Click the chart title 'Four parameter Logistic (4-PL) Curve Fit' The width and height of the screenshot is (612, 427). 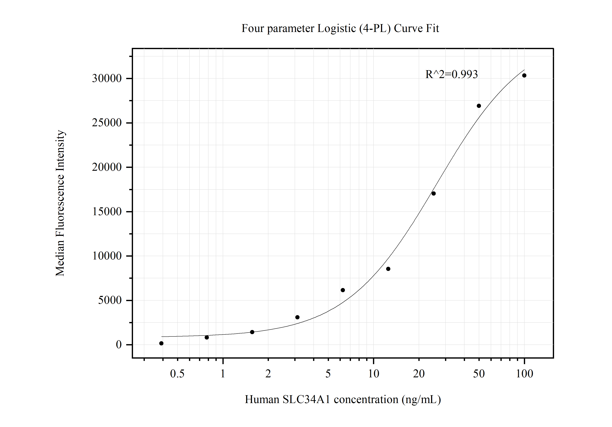(x=340, y=28)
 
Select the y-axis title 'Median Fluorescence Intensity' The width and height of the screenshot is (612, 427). (x=60, y=203)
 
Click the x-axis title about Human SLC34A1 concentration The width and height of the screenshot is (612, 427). (x=343, y=399)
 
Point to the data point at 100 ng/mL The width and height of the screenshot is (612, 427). (x=524, y=76)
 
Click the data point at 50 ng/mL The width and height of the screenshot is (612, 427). (x=479, y=106)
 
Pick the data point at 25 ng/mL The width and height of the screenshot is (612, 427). (x=433, y=194)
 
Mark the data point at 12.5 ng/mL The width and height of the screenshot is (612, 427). (x=388, y=269)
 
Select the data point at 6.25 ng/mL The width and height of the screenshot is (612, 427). (x=343, y=290)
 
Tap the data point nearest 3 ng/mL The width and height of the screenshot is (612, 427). (x=298, y=317)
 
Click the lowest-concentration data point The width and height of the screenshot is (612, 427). (x=161, y=343)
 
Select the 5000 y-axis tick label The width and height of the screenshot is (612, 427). (x=110, y=300)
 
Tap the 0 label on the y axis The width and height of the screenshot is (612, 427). (x=119, y=345)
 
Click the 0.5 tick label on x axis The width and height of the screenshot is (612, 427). (x=177, y=374)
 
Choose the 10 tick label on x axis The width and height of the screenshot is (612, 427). (x=373, y=374)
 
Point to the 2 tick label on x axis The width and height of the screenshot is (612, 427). (x=268, y=374)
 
